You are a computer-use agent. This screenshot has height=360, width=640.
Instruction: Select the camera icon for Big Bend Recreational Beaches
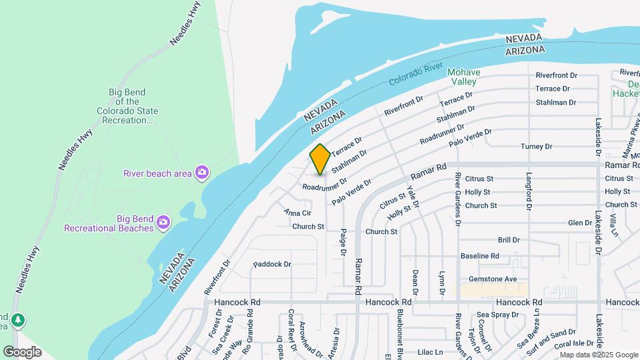163,221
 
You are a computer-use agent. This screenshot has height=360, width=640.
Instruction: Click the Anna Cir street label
297,213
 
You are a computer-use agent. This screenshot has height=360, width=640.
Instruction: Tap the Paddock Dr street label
273,265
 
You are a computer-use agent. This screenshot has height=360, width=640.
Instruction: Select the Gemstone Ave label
493,279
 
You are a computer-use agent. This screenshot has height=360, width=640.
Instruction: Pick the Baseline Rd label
480,256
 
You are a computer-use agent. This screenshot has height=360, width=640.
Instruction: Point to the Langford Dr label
529,193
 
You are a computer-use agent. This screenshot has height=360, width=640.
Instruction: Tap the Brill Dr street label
509,239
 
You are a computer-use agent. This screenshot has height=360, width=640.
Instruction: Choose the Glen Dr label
579,223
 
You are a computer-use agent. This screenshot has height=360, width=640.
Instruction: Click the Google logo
22,352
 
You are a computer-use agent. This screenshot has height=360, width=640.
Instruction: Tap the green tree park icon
18,321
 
